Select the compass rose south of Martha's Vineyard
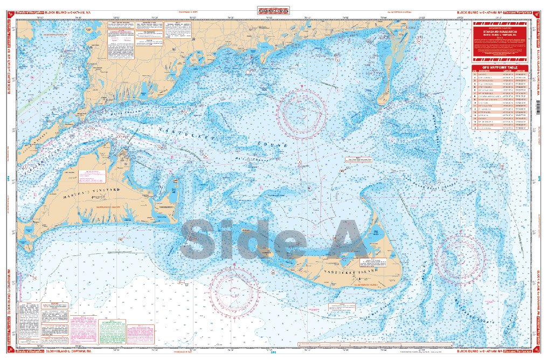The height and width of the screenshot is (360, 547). point(234,292)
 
